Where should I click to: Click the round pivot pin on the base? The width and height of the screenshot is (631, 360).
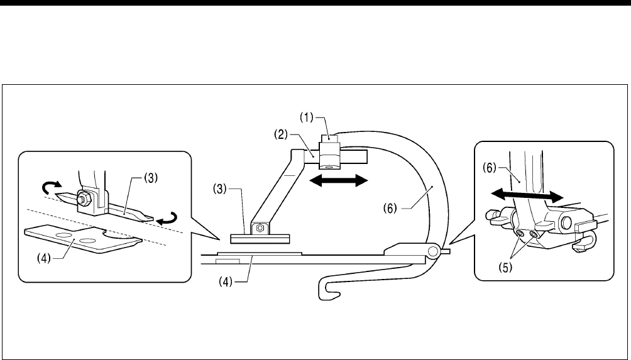(x=434, y=251)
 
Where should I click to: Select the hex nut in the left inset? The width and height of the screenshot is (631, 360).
(x=82, y=199)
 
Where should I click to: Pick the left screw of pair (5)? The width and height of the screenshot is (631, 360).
(x=520, y=234)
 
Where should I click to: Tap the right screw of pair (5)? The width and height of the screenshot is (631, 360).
(x=534, y=235)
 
